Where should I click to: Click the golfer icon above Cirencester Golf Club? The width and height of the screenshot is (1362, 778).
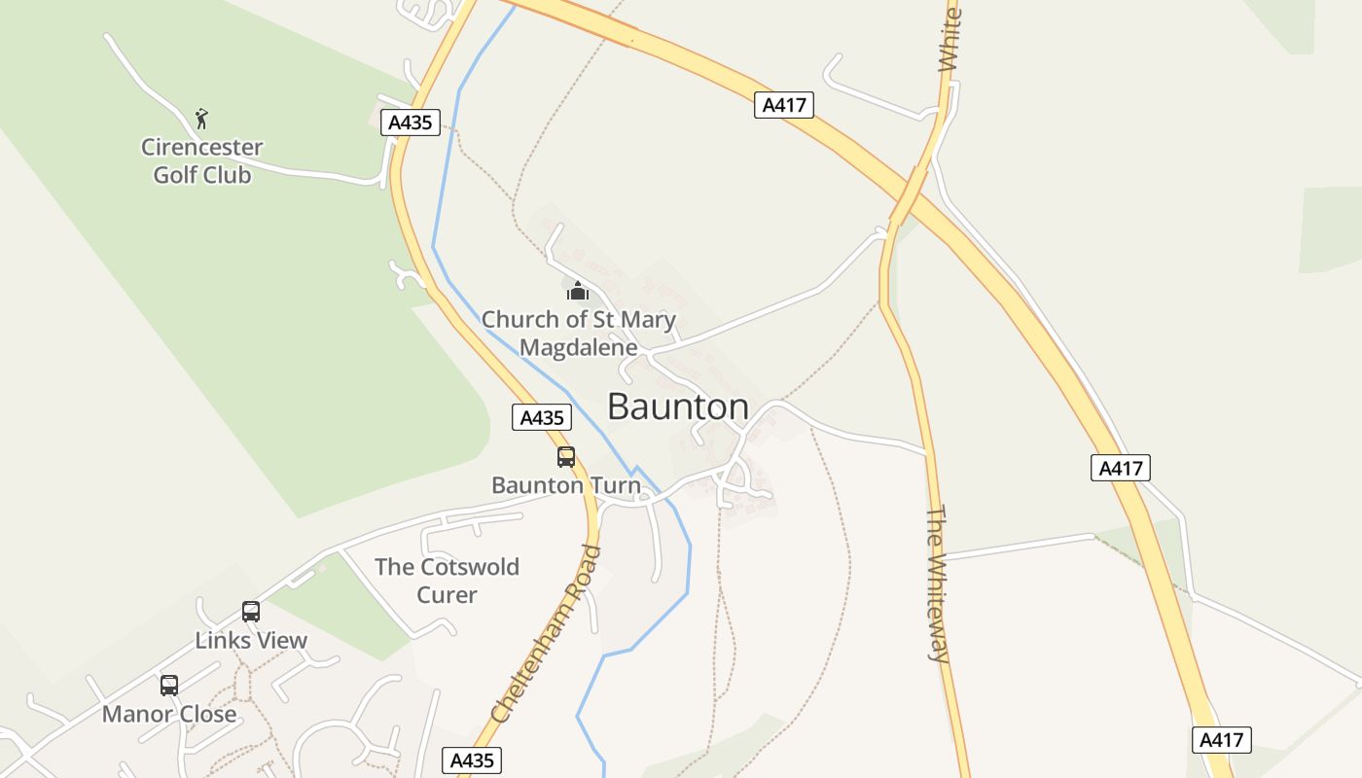coord(201,119)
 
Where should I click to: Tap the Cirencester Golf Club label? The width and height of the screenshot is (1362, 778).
coord(202,161)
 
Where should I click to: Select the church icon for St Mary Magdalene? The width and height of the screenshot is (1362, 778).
coord(578,291)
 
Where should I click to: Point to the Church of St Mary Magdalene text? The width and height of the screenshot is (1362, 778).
coord(579,333)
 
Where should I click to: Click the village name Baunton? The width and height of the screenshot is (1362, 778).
coord(678,407)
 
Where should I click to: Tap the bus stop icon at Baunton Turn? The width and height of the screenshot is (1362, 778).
coord(566,456)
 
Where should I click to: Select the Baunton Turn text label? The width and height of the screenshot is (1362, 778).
coord(566,484)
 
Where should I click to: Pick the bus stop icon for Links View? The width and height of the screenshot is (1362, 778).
coord(251,612)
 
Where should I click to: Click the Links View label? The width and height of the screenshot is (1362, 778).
coord(251,640)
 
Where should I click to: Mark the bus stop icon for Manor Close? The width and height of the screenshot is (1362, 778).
coord(169,686)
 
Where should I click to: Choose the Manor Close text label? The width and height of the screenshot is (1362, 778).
coord(169,714)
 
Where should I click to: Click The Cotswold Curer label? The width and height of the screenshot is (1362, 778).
coord(447,581)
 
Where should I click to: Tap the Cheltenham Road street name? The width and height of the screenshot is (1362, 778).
coord(547,634)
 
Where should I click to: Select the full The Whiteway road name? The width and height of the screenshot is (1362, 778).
coord(937,583)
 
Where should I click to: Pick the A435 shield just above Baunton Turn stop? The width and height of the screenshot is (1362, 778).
coord(542,417)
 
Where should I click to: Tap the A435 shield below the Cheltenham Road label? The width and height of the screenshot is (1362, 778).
coord(473,760)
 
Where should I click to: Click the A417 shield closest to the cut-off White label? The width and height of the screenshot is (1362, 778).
coord(783,105)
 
